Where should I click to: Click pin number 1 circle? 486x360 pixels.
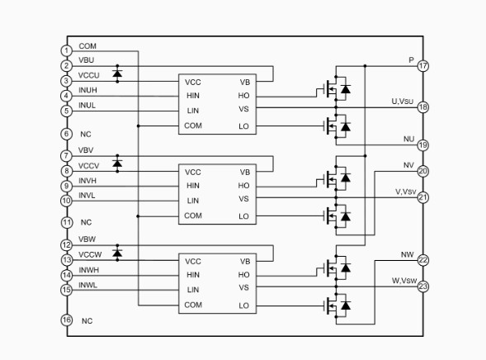(66, 51)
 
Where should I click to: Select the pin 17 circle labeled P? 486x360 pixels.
(423, 66)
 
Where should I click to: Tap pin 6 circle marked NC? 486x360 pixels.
(66, 134)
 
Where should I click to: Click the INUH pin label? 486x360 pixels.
(87, 90)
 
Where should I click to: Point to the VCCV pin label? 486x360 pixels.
(88, 166)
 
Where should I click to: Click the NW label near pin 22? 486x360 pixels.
(408, 254)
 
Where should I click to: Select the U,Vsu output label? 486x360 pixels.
(403, 102)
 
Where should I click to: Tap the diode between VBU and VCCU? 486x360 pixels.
(117, 73)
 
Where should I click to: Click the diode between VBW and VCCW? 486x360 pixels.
(117, 253)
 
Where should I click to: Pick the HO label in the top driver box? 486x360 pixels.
(243, 96)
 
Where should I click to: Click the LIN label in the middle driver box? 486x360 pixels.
(193, 201)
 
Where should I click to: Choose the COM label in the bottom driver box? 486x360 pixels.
(193, 306)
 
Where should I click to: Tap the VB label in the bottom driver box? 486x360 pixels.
(245, 262)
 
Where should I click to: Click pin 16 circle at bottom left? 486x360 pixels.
(67, 320)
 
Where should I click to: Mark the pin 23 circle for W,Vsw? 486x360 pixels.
(423, 287)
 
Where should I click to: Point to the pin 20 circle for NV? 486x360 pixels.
(423, 171)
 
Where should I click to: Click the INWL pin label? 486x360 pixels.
(87, 285)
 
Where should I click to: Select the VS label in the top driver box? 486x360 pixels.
(243, 109)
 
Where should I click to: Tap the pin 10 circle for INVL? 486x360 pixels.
(66, 201)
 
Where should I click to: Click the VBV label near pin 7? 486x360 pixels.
(86, 150)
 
